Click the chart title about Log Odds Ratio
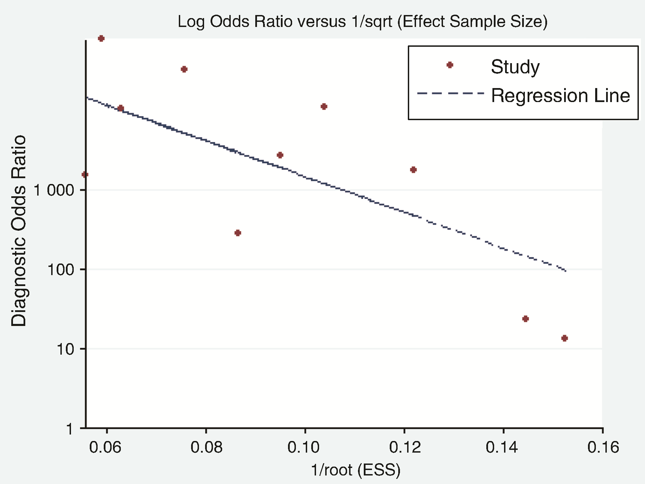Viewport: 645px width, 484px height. click(x=362, y=22)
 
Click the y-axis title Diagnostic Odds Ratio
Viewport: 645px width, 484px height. click(x=19, y=231)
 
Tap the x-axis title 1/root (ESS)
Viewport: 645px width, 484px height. click(x=356, y=470)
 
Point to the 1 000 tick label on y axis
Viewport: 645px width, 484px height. click(x=54, y=190)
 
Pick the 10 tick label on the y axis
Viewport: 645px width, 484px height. click(x=65, y=349)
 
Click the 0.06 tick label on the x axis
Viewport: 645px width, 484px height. click(x=105, y=447)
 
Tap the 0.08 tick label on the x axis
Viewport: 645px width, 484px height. click(x=206, y=447)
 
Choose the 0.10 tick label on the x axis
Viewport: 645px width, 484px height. click(x=304, y=447)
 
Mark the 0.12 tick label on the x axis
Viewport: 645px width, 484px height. click(x=405, y=447)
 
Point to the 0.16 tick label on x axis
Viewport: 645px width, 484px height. click(x=603, y=447)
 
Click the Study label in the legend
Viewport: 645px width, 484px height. click(x=515, y=67)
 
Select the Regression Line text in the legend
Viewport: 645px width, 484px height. click(x=560, y=95)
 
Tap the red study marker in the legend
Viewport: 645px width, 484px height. click(x=450, y=65)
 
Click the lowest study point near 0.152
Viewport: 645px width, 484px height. click(x=564, y=338)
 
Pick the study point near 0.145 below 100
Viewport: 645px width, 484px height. click(x=526, y=319)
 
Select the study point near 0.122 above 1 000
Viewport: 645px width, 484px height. click(x=413, y=170)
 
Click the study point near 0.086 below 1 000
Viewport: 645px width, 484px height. click(x=238, y=233)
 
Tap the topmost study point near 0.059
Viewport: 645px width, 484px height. click(x=101, y=39)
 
